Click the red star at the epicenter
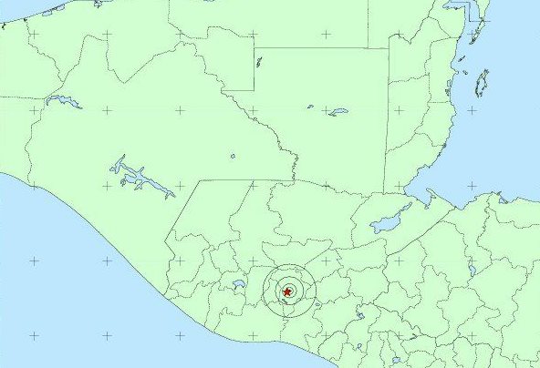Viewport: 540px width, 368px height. (x=288, y=291)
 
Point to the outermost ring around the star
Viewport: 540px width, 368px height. (x=288, y=265)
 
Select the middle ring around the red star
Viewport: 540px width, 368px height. (x=288, y=275)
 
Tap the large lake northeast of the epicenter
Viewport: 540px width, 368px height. (x=391, y=220)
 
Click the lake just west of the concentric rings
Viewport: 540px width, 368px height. (x=239, y=284)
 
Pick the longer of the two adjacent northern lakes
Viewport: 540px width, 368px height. (x=338, y=112)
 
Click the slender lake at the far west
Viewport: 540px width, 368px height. (x=64, y=100)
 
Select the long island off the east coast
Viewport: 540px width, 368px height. (x=481, y=84)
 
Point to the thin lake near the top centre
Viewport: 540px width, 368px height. (x=259, y=62)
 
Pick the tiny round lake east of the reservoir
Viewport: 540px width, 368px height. (x=233, y=156)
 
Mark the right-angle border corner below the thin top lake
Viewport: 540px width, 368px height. (x=254, y=90)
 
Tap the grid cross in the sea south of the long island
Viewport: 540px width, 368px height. (x=472, y=110)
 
